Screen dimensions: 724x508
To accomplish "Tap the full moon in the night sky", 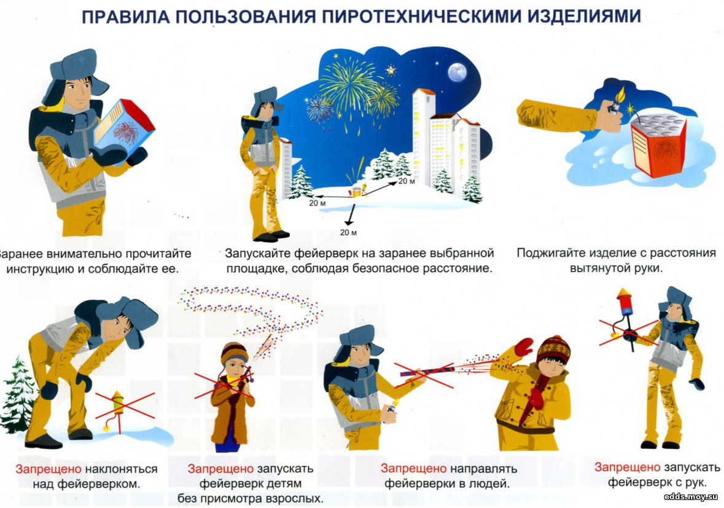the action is tap(457, 72).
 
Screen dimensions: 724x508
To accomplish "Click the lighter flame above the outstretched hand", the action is tap(620, 95).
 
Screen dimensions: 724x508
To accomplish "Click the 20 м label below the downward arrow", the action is tap(348, 233).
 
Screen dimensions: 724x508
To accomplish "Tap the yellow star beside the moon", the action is tap(391, 71).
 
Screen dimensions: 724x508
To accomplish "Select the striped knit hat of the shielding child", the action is tap(554, 349).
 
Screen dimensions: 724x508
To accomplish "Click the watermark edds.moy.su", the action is tap(691, 496).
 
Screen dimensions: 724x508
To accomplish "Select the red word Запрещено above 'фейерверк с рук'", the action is tap(627, 467).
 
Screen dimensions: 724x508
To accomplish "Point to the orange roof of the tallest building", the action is tap(424, 91).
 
